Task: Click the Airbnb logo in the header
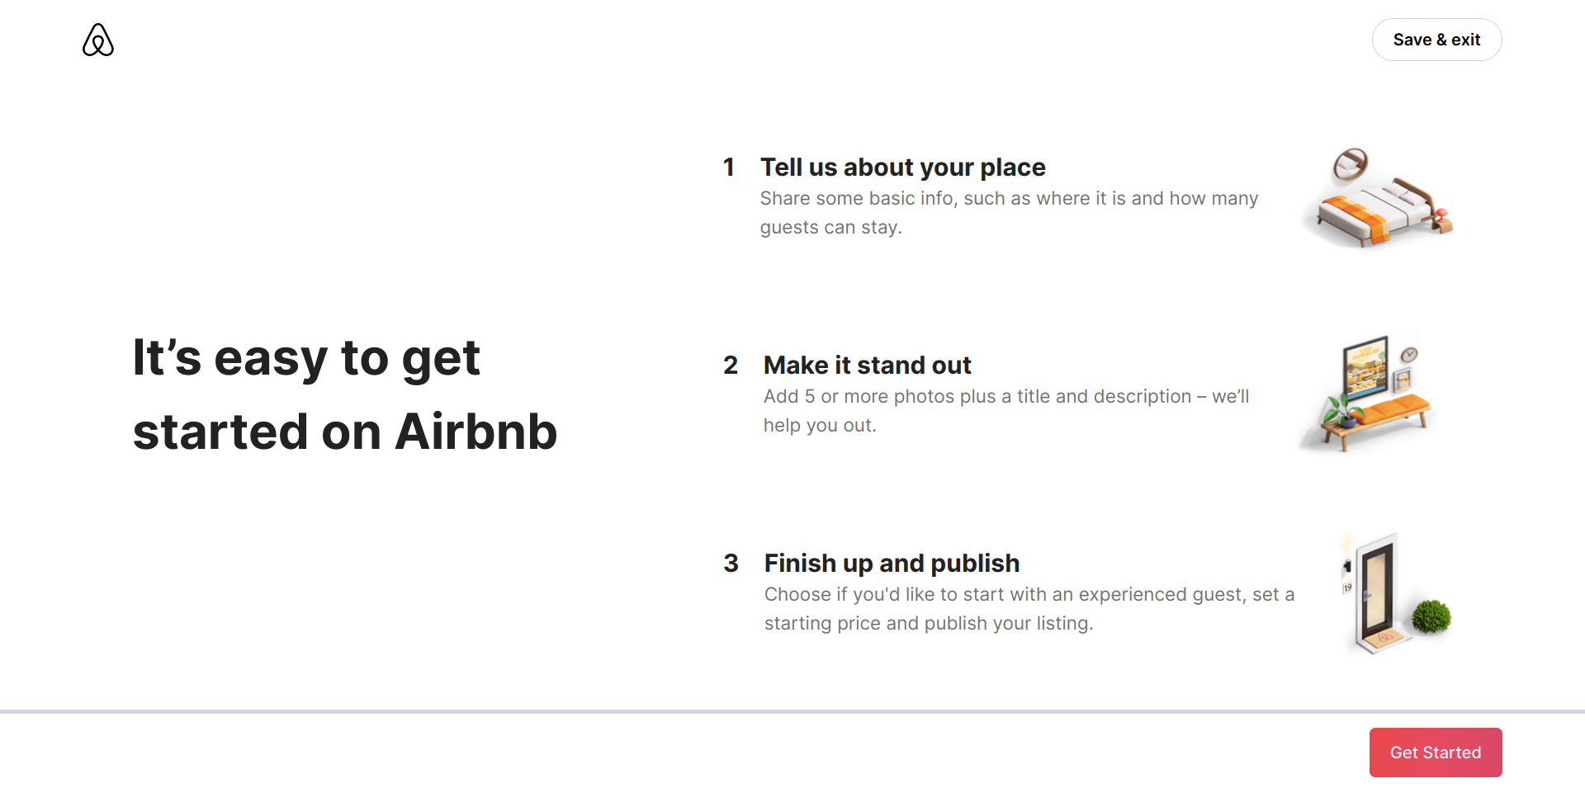click(x=98, y=40)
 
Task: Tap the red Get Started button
click(x=1435, y=753)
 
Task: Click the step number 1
click(x=729, y=168)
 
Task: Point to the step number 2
click(x=731, y=366)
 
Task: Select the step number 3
click(x=731, y=564)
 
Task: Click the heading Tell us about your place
click(x=902, y=168)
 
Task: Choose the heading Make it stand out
click(x=867, y=366)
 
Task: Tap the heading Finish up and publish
click(x=892, y=564)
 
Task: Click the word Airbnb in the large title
click(x=475, y=432)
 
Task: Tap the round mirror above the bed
click(x=1351, y=164)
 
